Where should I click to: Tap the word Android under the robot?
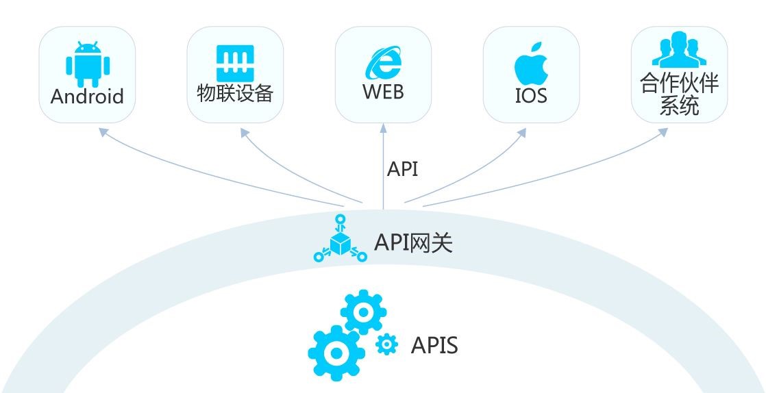87,96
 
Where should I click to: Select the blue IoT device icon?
235,64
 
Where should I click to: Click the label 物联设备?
235,94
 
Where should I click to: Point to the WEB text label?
383,92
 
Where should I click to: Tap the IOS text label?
532,96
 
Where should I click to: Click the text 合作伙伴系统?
679,95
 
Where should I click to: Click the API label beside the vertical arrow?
403,169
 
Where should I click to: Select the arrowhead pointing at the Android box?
103,131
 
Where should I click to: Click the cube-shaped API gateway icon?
340,241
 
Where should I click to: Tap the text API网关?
413,242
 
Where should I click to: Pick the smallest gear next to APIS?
387,344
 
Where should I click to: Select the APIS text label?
434,345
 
